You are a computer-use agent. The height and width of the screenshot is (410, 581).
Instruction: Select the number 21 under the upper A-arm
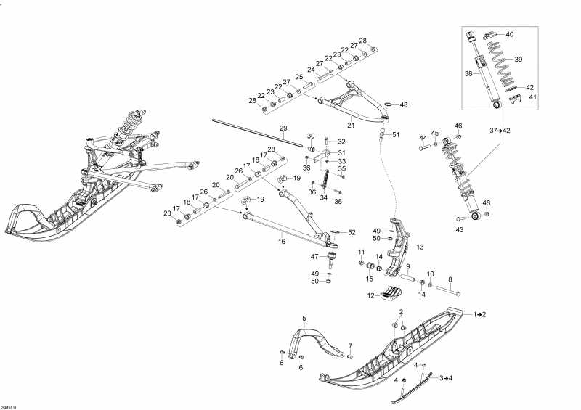click(351, 126)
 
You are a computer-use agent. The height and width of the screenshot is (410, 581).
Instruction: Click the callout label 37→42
click(499, 130)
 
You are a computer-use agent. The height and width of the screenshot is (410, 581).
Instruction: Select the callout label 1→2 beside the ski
click(480, 314)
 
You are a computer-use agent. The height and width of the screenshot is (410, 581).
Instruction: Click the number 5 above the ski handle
click(304, 317)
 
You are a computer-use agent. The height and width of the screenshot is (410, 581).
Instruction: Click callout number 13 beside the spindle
click(420, 247)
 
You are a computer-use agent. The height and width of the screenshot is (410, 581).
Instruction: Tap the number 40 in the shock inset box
click(509, 34)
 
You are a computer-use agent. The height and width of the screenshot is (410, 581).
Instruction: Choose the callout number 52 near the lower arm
click(352, 233)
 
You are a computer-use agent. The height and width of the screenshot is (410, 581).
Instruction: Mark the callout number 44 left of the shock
click(423, 138)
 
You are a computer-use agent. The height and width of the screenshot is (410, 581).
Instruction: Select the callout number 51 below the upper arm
click(395, 135)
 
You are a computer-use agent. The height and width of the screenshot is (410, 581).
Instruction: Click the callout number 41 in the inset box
click(532, 97)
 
